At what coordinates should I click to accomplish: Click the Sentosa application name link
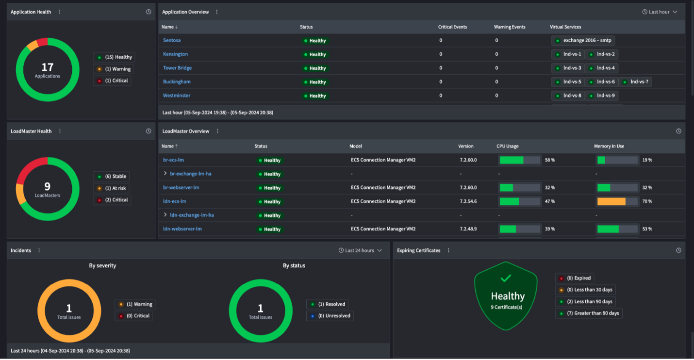172,40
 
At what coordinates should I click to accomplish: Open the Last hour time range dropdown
660,12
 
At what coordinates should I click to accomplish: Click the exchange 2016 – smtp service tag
583,41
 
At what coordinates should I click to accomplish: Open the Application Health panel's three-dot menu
59,12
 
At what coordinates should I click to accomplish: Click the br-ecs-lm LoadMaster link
173,160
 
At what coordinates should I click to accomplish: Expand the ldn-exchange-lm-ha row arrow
165,215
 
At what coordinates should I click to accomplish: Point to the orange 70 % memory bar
611,201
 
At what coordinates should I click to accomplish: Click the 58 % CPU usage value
550,160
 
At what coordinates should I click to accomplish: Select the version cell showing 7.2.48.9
468,229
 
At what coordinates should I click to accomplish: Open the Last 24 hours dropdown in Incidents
360,251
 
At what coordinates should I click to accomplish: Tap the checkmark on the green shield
506,278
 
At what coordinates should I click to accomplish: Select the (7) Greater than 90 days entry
588,313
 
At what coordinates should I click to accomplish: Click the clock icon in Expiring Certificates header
678,251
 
